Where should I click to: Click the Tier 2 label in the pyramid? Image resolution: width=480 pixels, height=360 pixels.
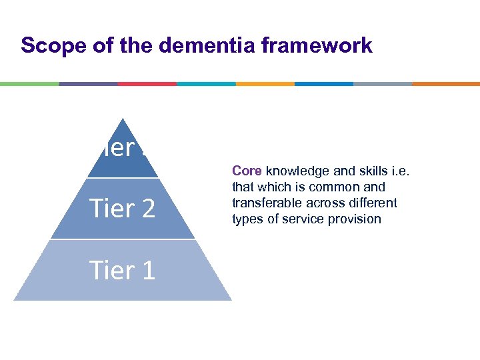tap(123, 209)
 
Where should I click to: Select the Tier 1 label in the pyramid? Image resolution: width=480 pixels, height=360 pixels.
tap(123, 270)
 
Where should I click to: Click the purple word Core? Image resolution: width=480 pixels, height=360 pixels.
tap(247, 171)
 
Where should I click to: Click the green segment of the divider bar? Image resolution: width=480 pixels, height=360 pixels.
tap(29, 84)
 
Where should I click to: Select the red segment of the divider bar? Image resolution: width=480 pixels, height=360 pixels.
tap(147, 84)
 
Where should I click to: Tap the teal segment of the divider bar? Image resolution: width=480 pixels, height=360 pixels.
tap(206, 84)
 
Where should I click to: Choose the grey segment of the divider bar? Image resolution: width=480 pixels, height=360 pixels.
tap(383, 84)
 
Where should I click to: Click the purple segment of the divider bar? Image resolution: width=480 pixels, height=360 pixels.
tap(88, 84)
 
